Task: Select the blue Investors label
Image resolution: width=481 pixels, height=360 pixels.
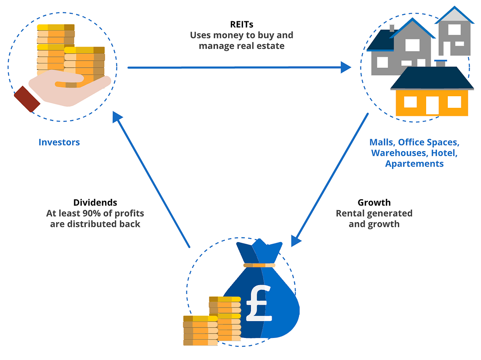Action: [x=59, y=142]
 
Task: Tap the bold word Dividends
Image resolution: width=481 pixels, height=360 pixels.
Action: [x=95, y=202]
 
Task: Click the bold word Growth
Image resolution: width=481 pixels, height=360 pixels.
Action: [x=374, y=202]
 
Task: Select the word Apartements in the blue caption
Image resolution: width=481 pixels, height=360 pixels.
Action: [x=414, y=164]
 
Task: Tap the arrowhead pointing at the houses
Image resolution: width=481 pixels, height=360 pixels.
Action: [x=346, y=67]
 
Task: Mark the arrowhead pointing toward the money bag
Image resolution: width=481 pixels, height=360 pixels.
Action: [x=295, y=240]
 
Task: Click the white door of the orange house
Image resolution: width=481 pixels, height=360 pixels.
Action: [x=432, y=105]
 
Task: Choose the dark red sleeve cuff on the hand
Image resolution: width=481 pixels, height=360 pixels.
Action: [x=27, y=99]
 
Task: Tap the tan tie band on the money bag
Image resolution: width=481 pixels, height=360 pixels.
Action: [x=259, y=265]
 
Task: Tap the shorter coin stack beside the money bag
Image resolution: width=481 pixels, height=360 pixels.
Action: [x=195, y=331]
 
